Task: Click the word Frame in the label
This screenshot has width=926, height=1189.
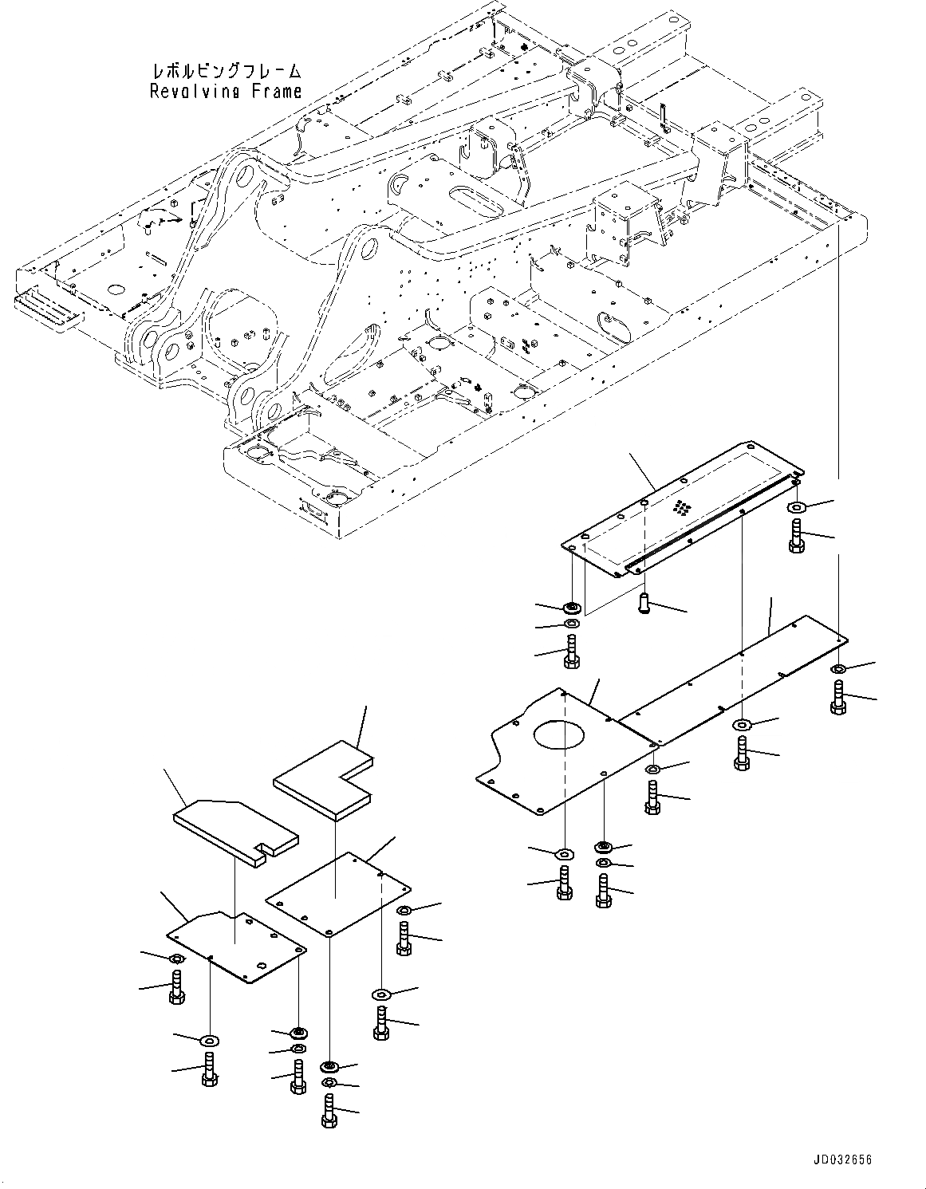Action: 274,91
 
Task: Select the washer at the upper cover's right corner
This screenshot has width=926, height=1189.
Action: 797,507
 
